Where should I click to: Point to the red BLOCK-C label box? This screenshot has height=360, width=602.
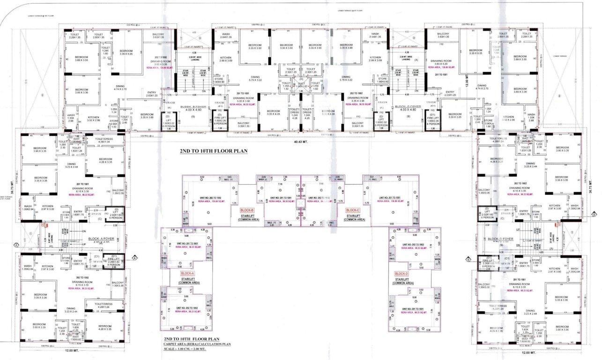click(352, 210)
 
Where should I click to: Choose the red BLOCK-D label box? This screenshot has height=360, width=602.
click(401, 273)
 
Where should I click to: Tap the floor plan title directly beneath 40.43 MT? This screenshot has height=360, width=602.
click(213, 151)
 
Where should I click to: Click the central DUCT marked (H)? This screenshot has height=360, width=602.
click(301, 86)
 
